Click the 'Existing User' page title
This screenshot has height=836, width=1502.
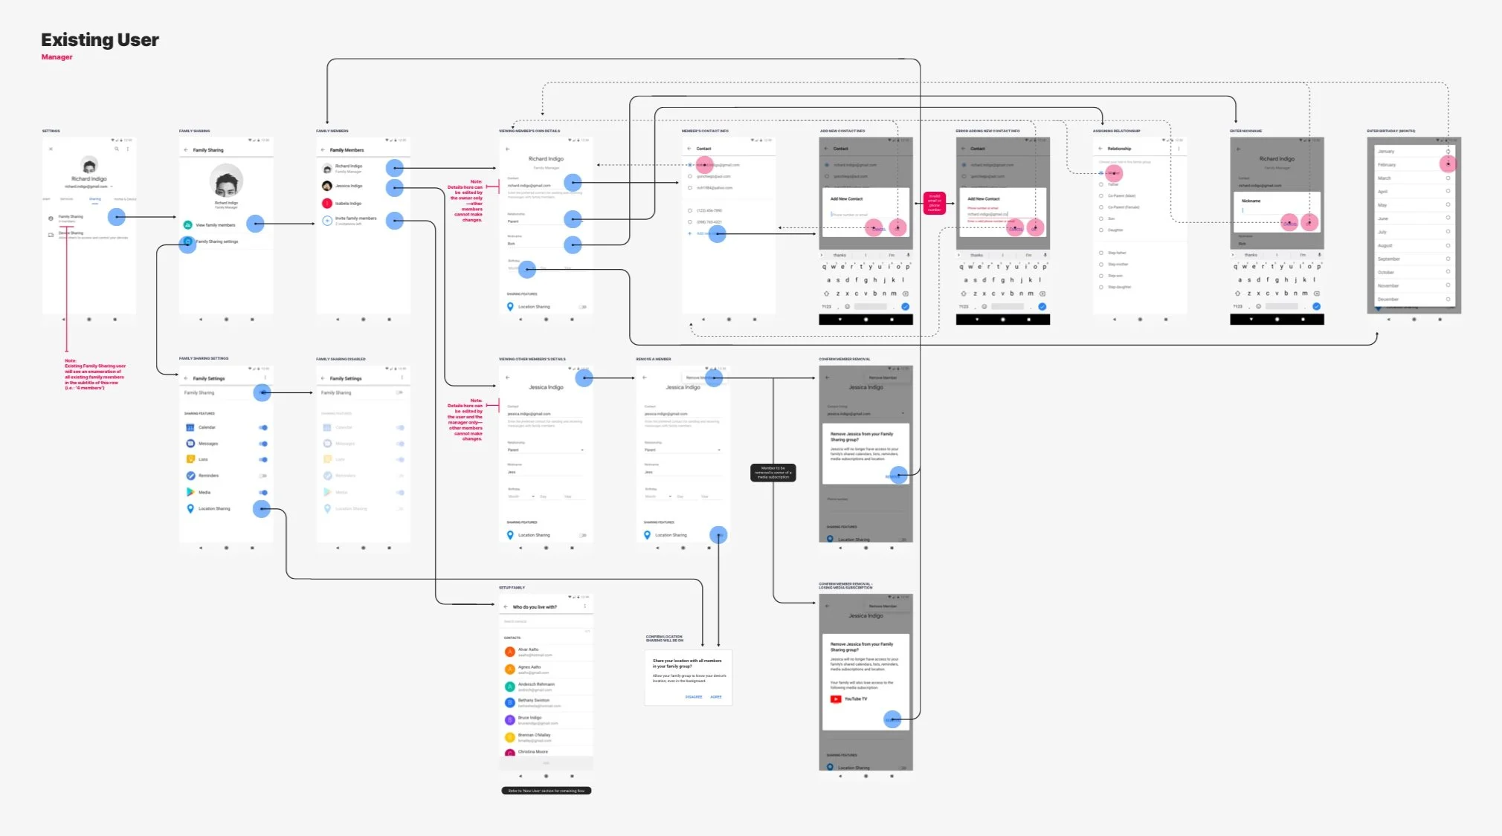(x=100, y=40)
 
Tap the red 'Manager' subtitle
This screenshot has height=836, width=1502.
(x=57, y=57)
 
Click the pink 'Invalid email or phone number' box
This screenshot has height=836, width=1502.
(x=934, y=203)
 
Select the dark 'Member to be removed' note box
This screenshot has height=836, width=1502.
(x=773, y=473)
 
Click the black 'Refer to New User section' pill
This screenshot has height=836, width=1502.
(x=547, y=791)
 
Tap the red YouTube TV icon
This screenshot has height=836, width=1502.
(x=836, y=699)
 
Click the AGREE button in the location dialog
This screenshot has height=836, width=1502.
(x=716, y=697)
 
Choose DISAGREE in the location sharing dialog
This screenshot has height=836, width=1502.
(x=694, y=697)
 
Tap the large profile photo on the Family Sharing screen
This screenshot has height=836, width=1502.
(x=226, y=181)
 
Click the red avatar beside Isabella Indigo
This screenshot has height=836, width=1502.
(x=326, y=203)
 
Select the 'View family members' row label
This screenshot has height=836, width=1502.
(x=216, y=225)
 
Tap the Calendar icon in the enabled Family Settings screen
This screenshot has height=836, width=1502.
(x=190, y=427)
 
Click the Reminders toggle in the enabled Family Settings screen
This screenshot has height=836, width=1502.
(x=262, y=476)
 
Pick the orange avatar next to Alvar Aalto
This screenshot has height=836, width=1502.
(x=509, y=652)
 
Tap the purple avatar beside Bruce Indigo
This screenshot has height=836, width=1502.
(x=509, y=719)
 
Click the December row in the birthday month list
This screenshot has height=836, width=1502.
(x=1388, y=299)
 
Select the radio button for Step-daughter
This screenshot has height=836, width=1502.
(x=1101, y=287)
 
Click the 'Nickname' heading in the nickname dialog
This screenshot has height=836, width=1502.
(x=1251, y=201)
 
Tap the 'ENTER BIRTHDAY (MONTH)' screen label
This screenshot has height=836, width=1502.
(x=1390, y=131)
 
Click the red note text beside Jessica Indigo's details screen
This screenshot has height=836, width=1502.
(x=465, y=420)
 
